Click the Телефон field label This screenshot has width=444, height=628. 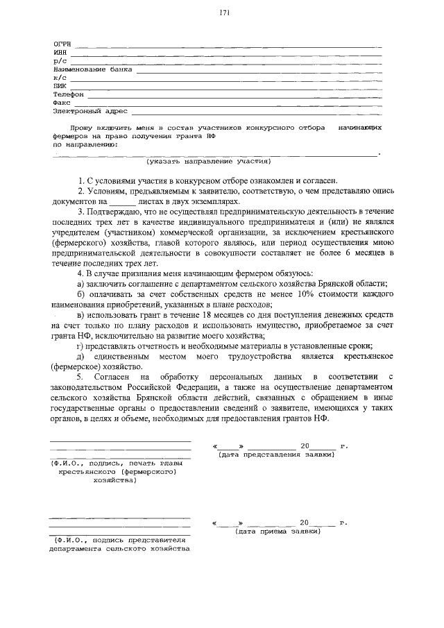pyautogui.click(x=68, y=94)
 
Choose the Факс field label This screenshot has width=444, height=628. pyautogui.click(x=62, y=102)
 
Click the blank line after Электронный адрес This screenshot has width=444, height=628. pyautogui.click(x=256, y=110)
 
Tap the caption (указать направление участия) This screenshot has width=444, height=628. pyautogui.click(x=208, y=161)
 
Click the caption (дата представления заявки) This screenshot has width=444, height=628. pyautogui.click(x=276, y=455)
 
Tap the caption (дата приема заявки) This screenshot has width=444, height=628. pyautogui.click(x=277, y=532)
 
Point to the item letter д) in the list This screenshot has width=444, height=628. pyautogui.click(x=81, y=356)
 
